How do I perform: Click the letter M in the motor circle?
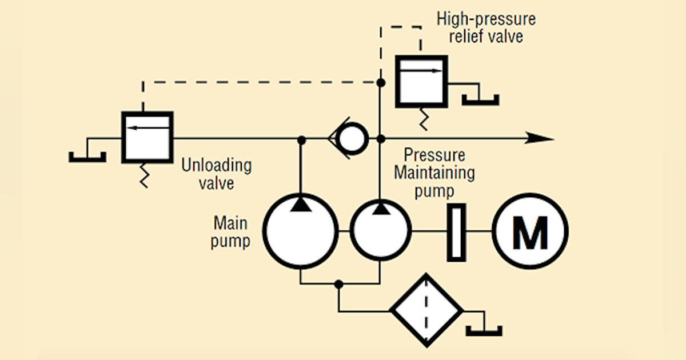click(x=531, y=231)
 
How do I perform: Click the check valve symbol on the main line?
click(x=348, y=138)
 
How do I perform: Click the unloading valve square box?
click(x=147, y=137)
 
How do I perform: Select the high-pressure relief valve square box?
click(x=421, y=81)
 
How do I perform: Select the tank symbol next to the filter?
click(x=484, y=330)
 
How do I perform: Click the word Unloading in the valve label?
click(x=216, y=166)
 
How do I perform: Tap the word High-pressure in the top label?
click(x=486, y=19)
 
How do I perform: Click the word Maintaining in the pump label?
click(x=434, y=173)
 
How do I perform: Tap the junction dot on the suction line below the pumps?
click(x=339, y=284)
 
